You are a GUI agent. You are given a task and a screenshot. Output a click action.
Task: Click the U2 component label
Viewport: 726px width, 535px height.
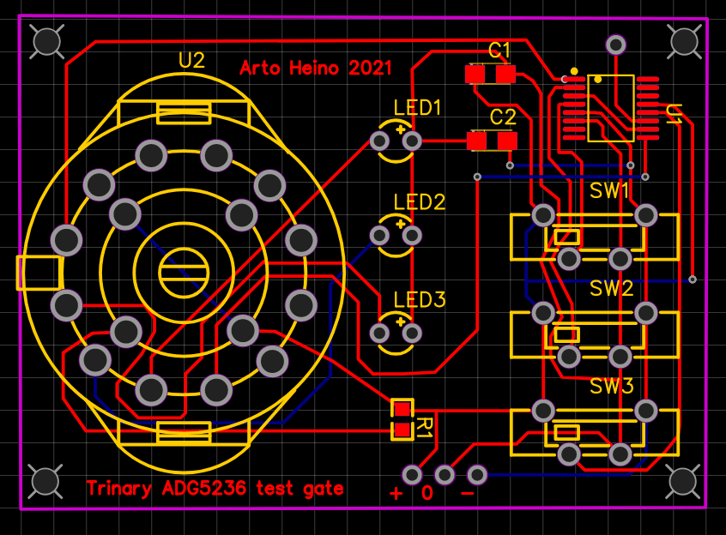tap(191, 60)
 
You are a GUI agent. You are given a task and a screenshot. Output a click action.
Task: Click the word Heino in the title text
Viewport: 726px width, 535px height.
tap(312, 68)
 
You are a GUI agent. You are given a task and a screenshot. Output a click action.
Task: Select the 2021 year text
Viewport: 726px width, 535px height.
tap(370, 68)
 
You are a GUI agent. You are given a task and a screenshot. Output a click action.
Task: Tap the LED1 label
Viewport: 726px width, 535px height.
tap(418, 108)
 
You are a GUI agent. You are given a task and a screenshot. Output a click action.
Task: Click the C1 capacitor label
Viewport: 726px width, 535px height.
tap(499, 50)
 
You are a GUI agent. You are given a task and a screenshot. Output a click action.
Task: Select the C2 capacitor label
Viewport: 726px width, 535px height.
tap(503, 117)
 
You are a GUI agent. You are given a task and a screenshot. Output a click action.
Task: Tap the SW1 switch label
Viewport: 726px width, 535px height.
tap(610, 190)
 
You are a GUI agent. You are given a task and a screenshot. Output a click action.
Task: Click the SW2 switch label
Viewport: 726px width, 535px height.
tap(611, 288)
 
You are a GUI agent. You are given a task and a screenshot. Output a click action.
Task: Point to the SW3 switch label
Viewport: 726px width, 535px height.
tap(611, 386)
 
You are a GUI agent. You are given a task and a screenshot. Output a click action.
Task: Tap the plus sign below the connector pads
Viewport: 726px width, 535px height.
tap(396, 494)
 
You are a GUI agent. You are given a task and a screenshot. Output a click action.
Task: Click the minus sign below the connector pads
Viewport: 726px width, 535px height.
tap(468, 494)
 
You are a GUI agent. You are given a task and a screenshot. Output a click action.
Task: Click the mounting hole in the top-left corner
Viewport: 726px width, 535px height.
tap(45, 41)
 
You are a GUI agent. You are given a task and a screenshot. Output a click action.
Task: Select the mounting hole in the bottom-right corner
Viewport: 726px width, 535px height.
tap(683, 481)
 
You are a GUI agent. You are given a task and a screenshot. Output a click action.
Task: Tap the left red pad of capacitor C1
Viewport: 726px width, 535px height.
tap(475, 75)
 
